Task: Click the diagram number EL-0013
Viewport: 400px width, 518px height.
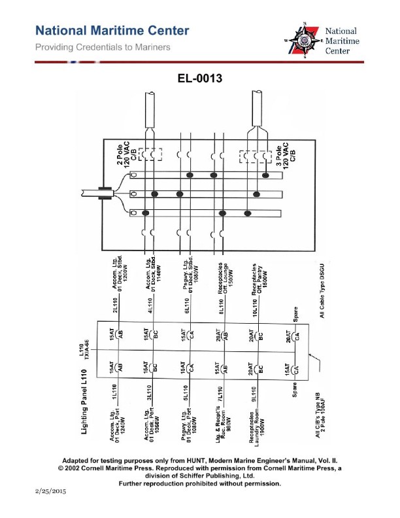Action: (200, 79)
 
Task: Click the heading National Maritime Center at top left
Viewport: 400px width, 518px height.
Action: (112, 31)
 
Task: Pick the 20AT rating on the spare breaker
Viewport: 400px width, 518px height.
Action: (288, 339)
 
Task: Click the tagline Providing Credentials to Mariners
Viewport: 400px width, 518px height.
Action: (103, 47)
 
